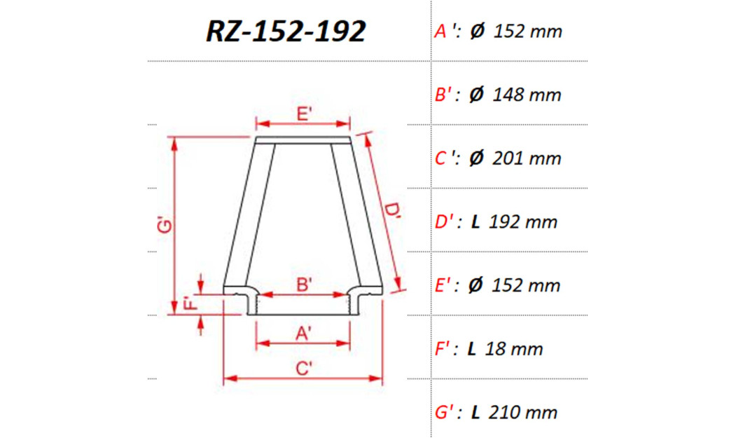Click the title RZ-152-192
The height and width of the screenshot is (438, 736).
286,32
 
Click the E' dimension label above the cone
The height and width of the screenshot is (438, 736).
304,114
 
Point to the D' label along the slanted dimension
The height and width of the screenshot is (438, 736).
393,212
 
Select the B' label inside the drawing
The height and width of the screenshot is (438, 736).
304,285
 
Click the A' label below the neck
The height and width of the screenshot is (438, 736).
304,334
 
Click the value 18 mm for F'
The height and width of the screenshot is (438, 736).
515,348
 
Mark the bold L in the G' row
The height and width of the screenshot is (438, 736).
475,412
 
